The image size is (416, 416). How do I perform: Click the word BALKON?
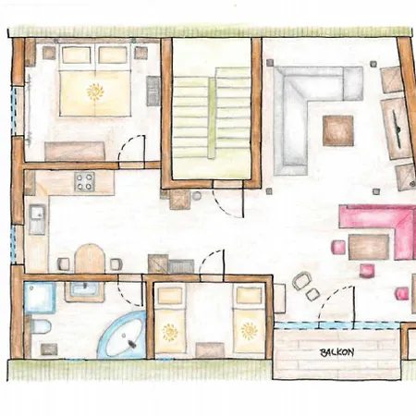(336, 352)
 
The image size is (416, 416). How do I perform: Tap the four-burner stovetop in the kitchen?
(84, 181)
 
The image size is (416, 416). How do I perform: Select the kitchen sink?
(37, 219)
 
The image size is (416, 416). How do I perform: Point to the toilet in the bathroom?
(41, 326)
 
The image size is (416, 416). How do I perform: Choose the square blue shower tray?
(40, 298)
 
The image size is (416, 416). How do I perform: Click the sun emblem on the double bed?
(95, 92)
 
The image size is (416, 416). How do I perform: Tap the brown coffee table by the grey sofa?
(338, 130)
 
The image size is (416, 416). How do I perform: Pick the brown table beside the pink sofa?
(369, 247)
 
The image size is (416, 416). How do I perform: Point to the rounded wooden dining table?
(90, 259)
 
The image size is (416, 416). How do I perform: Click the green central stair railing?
(212, 118)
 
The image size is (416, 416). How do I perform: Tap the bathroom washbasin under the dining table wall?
(84, 290)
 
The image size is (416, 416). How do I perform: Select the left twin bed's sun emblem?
(170, 333)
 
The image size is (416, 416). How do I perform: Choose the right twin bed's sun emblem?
(249, 331)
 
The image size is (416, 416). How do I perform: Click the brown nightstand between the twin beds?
(210, 350)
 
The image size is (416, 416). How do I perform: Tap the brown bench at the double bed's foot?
(75, 151)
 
